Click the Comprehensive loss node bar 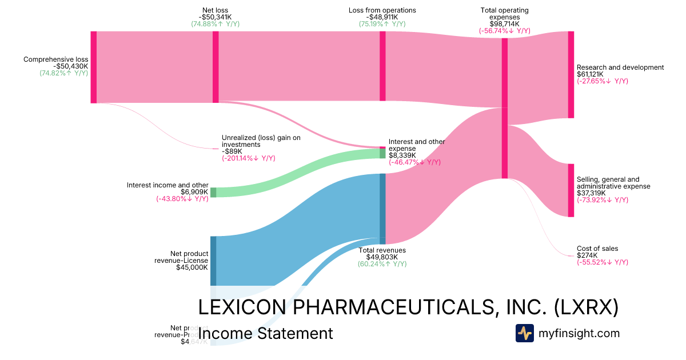[x=94, y=67]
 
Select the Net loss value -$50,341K [x=216, y=17]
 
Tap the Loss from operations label [x=382, y=10]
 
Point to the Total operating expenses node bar [x=504, y=108]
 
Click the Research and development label [x=620, y=67]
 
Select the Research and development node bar [x=571, y=75]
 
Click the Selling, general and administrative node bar [x=571, y=190]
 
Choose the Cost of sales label [x=597, y=249]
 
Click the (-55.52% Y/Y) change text [x=603, y=262]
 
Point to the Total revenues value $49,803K [x=382, y=257]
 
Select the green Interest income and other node [x=213, y=192]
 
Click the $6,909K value [x=194, y=192]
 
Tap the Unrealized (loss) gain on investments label [x=261, y=141]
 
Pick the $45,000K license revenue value [x=192, y=267]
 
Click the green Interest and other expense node [x=382, y=153]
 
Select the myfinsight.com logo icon [x=524, y=333]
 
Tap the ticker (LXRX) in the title [x=586, y=307]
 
